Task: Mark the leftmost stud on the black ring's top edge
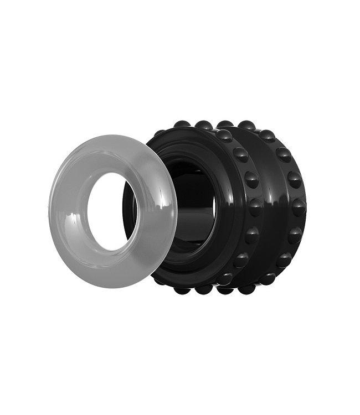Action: tap(181, 125)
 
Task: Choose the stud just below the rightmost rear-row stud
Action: tap(295, 235)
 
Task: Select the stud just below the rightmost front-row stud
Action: tap(252, 235)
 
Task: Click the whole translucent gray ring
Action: tap(72, 243)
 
